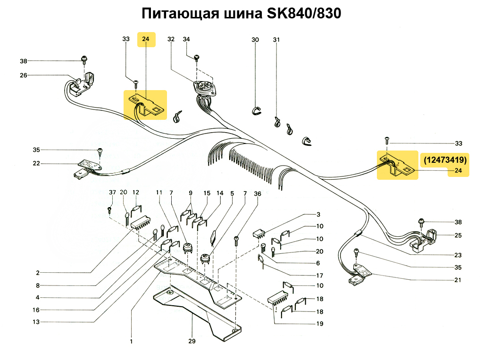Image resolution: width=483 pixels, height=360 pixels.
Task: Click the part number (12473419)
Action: pyautogui.click(x=445, y=160)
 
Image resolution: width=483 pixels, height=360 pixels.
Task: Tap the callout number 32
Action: pyautogui.click(x=171, y=39)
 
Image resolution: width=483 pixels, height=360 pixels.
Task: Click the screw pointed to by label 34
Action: pyautogui.click(x=197, y=58)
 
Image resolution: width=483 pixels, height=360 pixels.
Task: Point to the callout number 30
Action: pyautogui.click(x=255, y=40)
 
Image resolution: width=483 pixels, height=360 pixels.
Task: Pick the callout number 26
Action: pyautogui.click(x=24, y=75)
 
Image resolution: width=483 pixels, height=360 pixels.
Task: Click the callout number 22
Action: pyautogui.click(x=36, y=163)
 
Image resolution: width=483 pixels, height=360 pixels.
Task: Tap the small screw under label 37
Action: pyautogui.click(x=109, y=209)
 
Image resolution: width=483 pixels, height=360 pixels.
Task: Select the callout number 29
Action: pyautogui.click(x=192, y=341)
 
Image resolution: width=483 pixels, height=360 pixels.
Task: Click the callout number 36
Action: pyautogui.click(x=258, y=194)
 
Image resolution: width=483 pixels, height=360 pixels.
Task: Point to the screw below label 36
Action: pyautogui.click(x=236, y=240)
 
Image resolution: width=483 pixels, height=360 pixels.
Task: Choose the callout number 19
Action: pyautogui.click(x=320, y=324)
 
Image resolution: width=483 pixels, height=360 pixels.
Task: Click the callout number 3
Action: pyautogui.click(x=318, y=215)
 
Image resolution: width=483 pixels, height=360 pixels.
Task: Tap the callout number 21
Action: pyautogui.click(x=458, y=280)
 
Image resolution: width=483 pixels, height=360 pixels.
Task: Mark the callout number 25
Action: pyautogui.click(x=458, y=235)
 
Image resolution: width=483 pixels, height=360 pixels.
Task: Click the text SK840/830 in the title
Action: pyautogui.click(x=304, y=14)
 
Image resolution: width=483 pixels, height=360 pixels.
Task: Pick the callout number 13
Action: pyautogui.click(x=36, y=322)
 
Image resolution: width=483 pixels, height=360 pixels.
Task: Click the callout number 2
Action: pyautogui.click(x=38, y=273)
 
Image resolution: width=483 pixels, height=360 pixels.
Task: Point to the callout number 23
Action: pyautogui.click(x=458, y=255)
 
